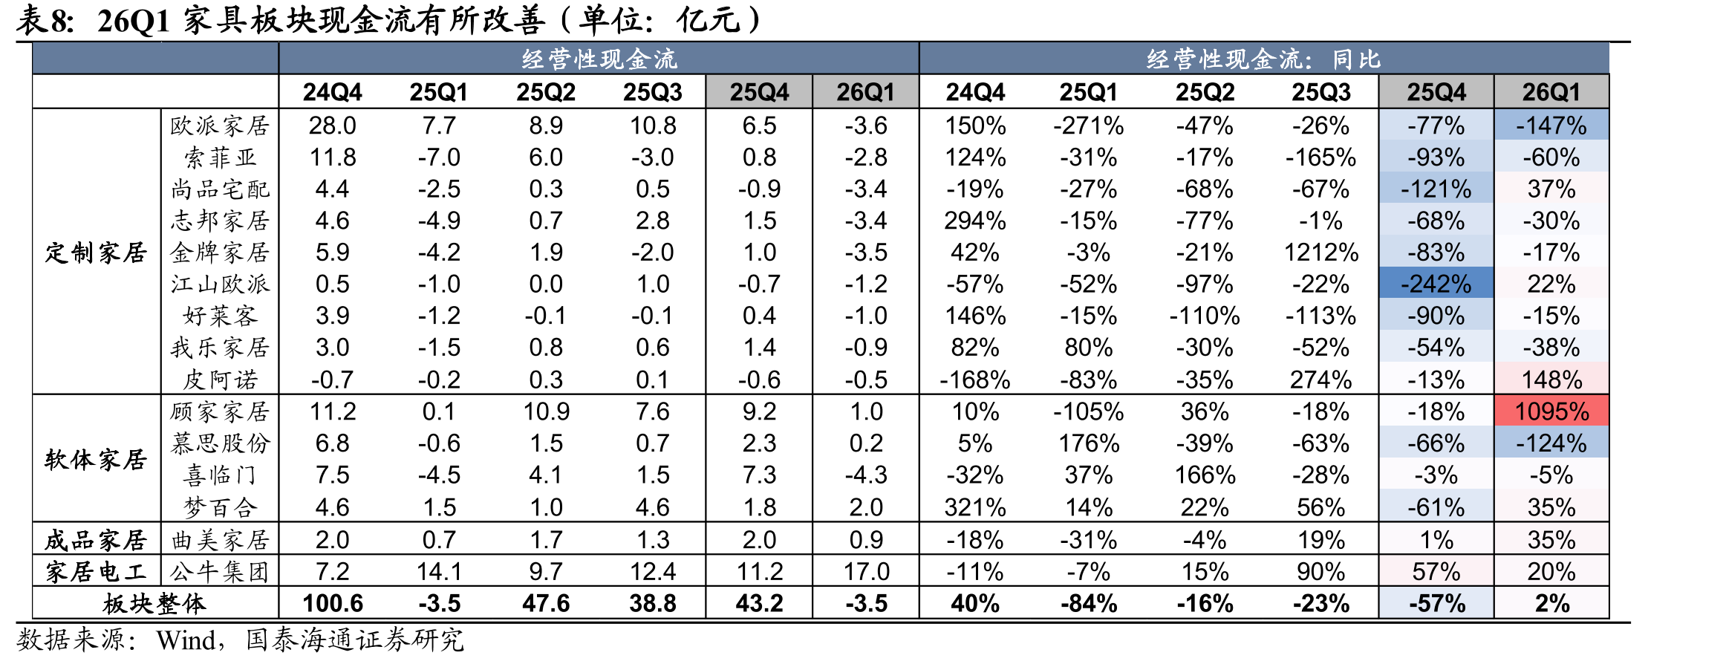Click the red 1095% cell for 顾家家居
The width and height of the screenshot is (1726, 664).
[x=1551, y=411]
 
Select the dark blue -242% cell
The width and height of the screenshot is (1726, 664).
[x=1436, y=284]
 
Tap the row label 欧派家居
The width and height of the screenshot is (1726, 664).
[x=220, y=126]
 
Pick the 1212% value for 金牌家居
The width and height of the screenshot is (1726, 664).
[x=1321, y=253]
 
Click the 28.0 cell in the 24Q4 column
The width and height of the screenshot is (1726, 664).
[x=332, y=126]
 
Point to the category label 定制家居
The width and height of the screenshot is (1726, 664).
[x=96, y=253]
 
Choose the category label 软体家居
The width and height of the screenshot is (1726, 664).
[x=96, y=460]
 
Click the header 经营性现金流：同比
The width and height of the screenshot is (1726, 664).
[x=1263, y=59]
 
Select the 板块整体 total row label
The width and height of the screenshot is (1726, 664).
[x=154, y=603]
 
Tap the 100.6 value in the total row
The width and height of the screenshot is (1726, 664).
[x=333, y=603]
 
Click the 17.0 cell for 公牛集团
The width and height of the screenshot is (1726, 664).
[x=866, y=571]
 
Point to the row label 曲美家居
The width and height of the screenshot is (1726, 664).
[x=220, y=540]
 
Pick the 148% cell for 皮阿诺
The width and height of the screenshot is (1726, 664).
[x=1551, y=380]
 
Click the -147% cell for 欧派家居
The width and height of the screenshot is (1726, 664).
[x=1551, y=126]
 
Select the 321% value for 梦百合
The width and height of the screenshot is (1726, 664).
[x=975, y=507]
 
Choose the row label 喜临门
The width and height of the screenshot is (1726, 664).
[x=220, y=475]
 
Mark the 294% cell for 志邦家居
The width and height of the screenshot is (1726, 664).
[x=975, y=221]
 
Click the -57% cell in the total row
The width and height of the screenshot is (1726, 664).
[x=1436, y=603]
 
